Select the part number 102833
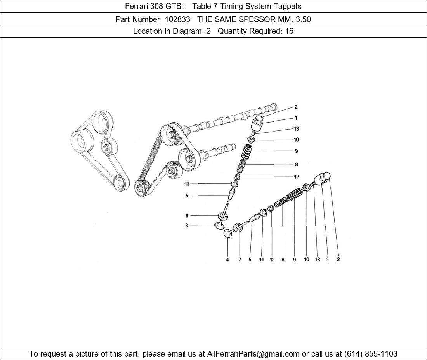point(177,19)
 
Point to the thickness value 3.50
point(302,19)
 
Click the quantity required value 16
point(289,31)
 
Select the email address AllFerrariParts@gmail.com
point(253,354)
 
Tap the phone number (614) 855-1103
point(371,354)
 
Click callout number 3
point(187,225)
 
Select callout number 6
point(187,216)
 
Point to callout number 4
point(227,260)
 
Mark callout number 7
point(240,260)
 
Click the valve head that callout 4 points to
point(227,233)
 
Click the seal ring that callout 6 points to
point(223,216)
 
